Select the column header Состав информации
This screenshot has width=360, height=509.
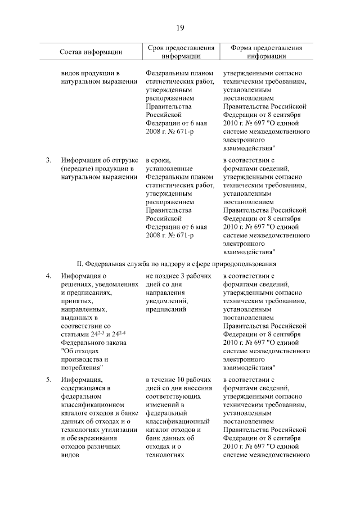point(91,52)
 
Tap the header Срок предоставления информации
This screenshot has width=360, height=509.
point(181,52)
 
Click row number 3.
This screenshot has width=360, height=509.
point(49,160)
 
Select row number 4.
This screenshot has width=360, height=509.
point(49,276)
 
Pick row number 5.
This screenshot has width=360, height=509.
point(49,380)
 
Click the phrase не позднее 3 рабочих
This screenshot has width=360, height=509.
point(178,276)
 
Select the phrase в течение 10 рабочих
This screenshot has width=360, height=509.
point(178,380)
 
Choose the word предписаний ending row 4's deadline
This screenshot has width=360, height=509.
point(166,309)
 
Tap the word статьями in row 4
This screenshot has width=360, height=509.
point(75,334)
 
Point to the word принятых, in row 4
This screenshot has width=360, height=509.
point(78,301)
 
